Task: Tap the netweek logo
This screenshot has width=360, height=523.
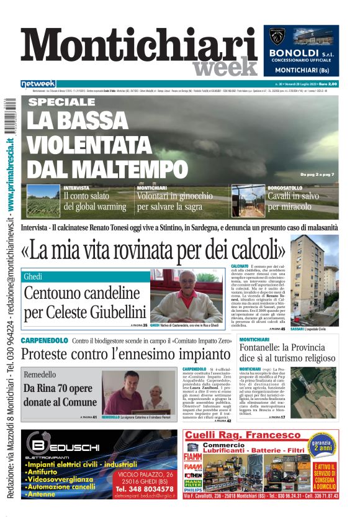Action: (x=38, y=83)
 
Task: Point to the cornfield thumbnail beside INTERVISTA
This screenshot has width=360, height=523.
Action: (x=43, y=201)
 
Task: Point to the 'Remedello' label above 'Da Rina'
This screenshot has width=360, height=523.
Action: (x=40, y=375)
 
